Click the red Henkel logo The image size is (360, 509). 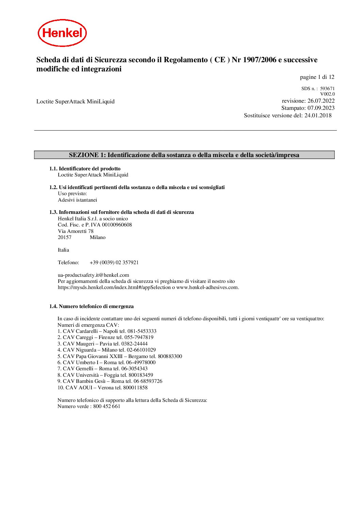coord(62,33)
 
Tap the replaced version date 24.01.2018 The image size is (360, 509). coord(318,116)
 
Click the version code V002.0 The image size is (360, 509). coord(327,94)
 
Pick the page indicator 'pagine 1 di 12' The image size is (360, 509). coord(317,77)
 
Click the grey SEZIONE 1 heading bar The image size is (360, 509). coord(184,155)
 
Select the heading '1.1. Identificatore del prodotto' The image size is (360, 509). coord(85,169)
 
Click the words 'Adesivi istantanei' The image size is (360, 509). coord(77,200)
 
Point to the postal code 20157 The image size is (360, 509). coord(65,237)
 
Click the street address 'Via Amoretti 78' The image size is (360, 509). coord(76,231)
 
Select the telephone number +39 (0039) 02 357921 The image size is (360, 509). coord(114,262)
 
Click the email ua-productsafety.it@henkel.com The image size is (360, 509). coord(93,275)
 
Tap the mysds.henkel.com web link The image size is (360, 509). coord(114,287)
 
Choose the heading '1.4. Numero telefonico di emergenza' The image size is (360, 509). coord(91,306)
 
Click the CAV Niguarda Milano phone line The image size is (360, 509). coord(107,350)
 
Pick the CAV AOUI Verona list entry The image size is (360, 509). coord(102,388)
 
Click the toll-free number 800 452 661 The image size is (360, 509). coord(107,406)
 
